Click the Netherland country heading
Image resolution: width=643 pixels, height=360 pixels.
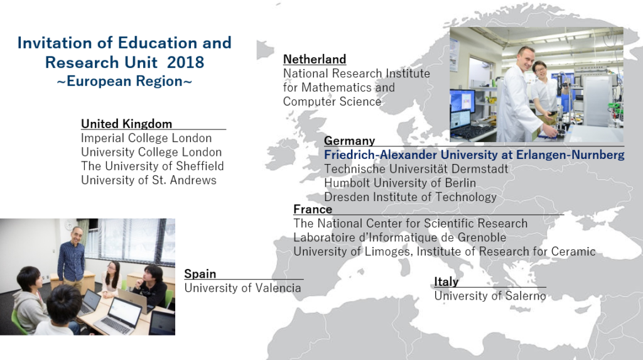[315, 60]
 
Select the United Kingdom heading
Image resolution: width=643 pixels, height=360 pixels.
[126, 124]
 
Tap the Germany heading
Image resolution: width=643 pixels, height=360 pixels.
[349, 141]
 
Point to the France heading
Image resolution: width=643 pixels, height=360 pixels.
[313, 209]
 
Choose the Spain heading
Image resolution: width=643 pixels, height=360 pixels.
[200, 274]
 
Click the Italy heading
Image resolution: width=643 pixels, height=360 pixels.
[446, 281]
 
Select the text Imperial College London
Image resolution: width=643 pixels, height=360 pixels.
[146, 138]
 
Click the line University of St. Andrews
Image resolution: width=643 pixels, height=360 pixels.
[148, 180]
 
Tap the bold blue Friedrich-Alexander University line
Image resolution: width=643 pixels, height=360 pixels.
[474, 155]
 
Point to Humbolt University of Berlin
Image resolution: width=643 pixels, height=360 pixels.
[400, 183]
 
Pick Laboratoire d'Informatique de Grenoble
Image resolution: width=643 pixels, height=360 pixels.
[399, 237]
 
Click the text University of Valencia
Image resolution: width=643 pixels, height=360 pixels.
[242, 288]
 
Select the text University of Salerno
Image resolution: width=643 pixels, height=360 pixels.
[490, 296]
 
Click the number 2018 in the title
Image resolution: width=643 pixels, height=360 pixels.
[185, 62]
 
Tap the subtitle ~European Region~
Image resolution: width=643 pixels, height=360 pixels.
[124, 81]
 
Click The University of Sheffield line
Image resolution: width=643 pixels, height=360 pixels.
[152, 166]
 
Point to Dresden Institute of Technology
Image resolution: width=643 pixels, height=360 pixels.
[410, 197]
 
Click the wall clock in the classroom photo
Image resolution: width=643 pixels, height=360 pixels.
[69, 225]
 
